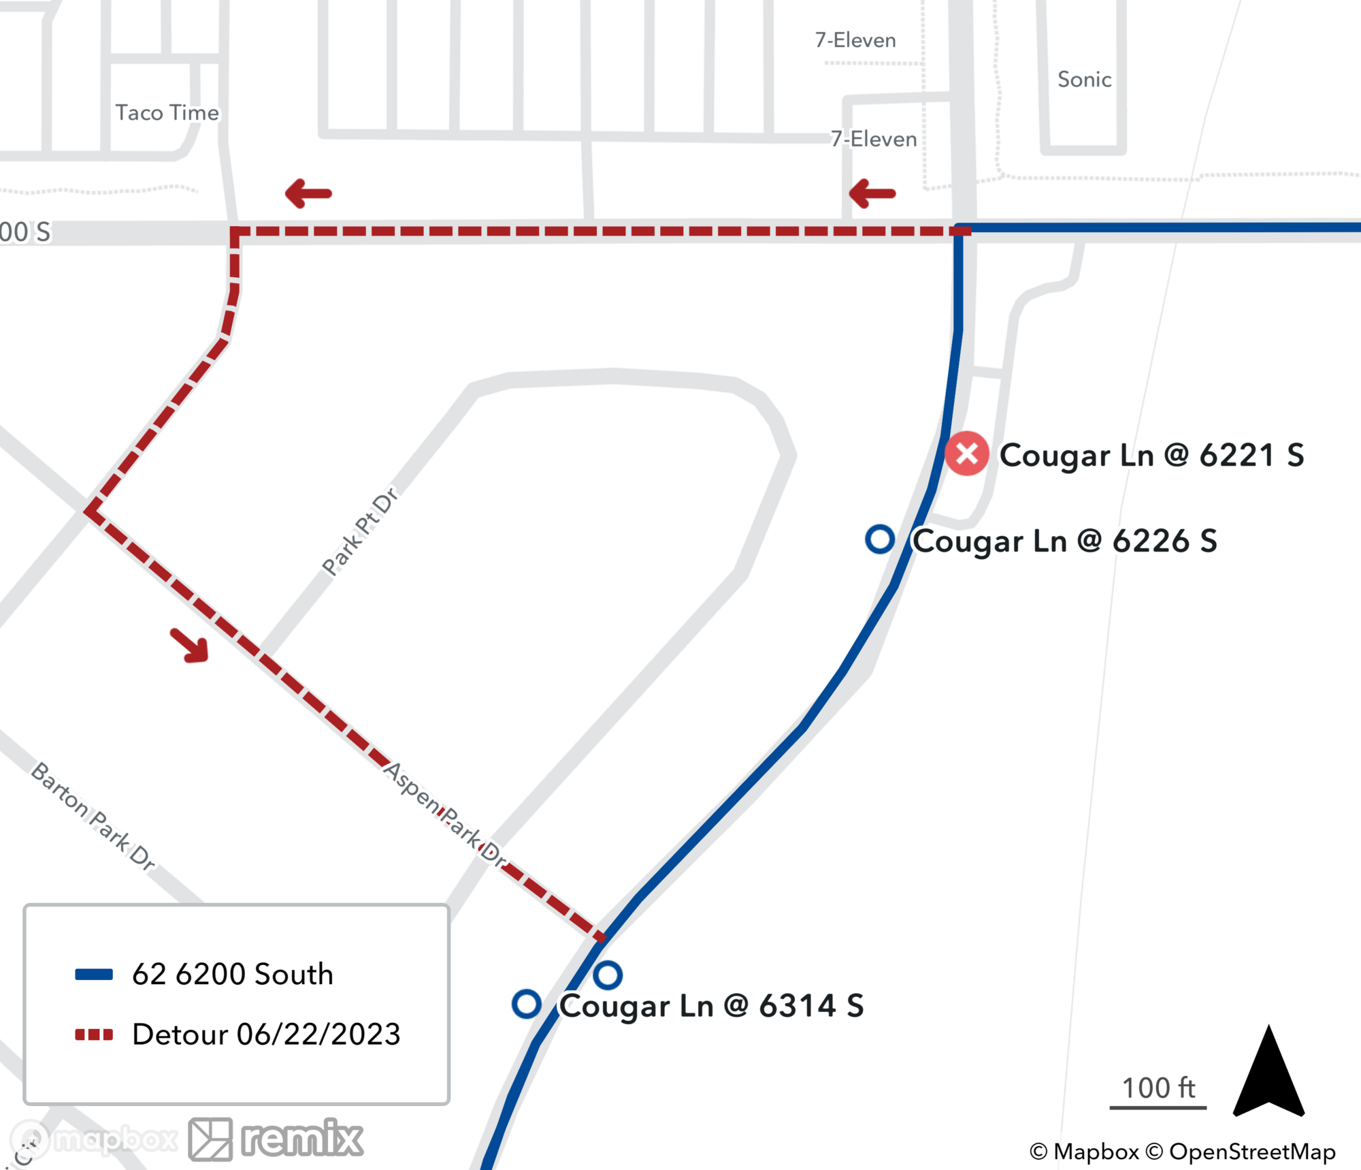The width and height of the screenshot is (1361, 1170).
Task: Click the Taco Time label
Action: click(167, 112)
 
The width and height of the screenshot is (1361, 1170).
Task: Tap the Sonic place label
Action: click(1084, 80)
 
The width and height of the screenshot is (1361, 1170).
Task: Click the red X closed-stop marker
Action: click(966, 454)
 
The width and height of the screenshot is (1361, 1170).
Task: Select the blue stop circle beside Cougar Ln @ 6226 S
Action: click(879, 539)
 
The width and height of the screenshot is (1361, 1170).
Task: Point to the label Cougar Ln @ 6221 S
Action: click(1151, 455)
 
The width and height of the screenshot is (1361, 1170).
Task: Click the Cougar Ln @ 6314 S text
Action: click(711, 1006)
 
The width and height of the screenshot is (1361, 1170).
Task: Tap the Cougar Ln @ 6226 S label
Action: click(1064, 541)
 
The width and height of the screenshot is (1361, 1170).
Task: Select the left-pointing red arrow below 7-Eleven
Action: click(872, 193)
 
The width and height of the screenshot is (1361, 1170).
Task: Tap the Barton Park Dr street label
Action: click(94, 816)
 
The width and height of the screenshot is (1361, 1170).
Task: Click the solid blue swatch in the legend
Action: click(94, 975)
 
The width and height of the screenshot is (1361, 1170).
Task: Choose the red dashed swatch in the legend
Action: click(94, 1034)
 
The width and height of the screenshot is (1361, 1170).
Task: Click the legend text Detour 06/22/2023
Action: click(266, 1034)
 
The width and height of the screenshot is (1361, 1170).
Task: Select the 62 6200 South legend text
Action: click(233, 975)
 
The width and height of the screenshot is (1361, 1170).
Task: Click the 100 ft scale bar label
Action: click(1158, 1088)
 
